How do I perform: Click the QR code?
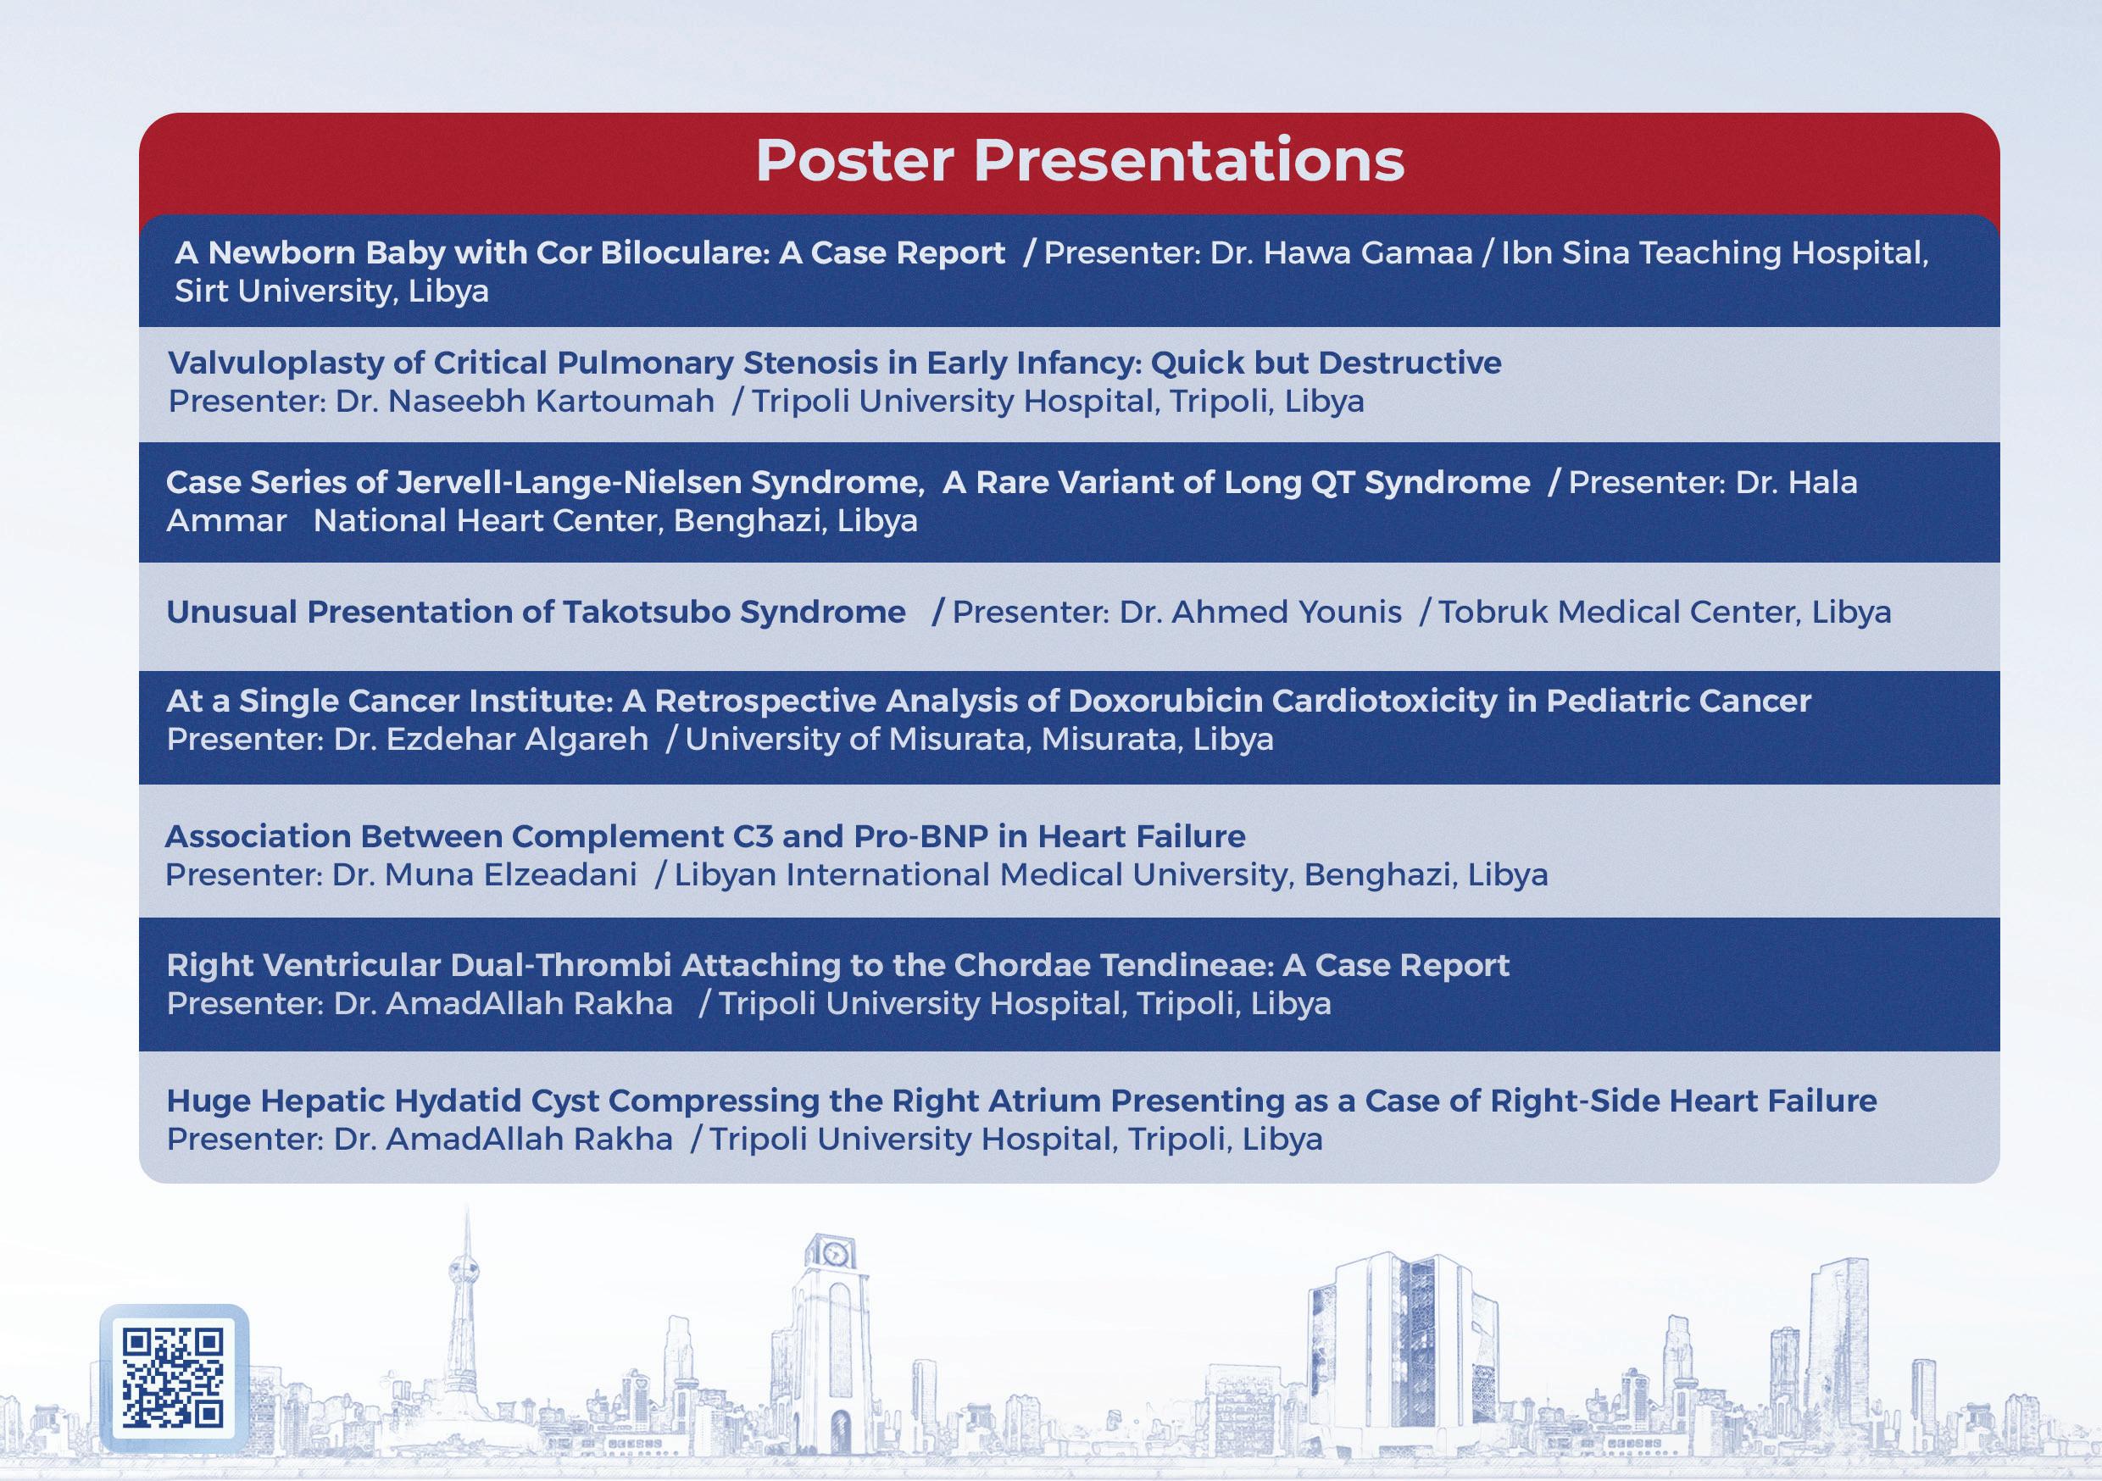point(173,1378)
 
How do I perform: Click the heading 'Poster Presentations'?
point(1079,160)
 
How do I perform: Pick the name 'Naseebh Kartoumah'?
point(551,401)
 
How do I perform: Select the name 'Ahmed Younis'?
point(1287,612)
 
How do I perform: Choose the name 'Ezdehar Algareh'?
point(517,740)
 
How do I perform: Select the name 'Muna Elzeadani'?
point(511,875)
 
